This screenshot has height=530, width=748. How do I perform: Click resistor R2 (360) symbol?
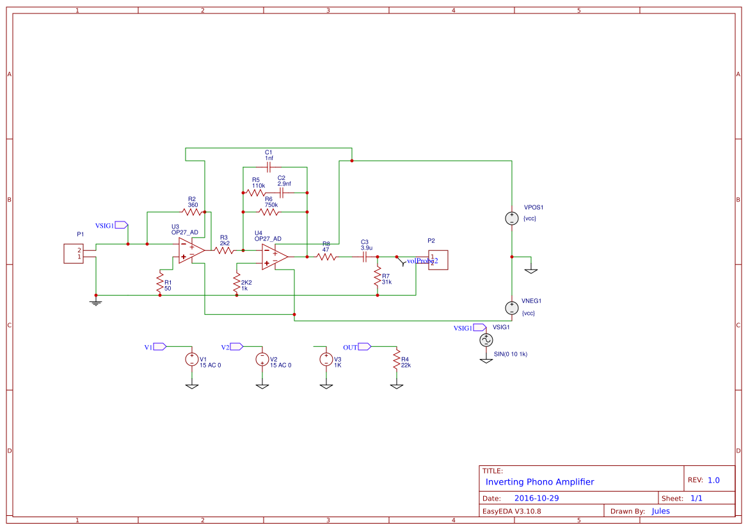pyautogui.click(x=192, y=211)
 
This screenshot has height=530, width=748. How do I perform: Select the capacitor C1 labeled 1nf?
pyautogui.click(x=269, y=167)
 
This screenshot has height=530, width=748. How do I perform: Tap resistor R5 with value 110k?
pyautogui.click(x=256, y=192)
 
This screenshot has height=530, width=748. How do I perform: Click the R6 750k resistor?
pyautogui.click(x=269, y=212)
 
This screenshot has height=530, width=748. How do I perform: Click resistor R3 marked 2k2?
pyautogui.click(x=224, y=251)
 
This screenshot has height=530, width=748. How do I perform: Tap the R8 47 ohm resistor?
pyautogui.click(x=326, y=257)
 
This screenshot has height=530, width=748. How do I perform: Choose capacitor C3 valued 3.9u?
pyautogui.click(x=365, y=257)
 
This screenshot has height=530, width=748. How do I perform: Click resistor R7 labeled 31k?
pyautogui.click(x=378, y=276)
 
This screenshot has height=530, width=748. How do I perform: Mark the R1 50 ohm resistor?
pyautogui.click(x=160, y=282)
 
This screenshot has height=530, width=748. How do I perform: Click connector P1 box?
pyautogui.click(x=73, y=253)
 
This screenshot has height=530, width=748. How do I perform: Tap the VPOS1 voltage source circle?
pyautogui.click(x=511, y=218)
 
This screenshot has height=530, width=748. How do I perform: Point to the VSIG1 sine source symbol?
pyautogui.click(x=486, y=340)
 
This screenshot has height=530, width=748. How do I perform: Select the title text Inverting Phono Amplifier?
pyautogui.click(x=539, y=482)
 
